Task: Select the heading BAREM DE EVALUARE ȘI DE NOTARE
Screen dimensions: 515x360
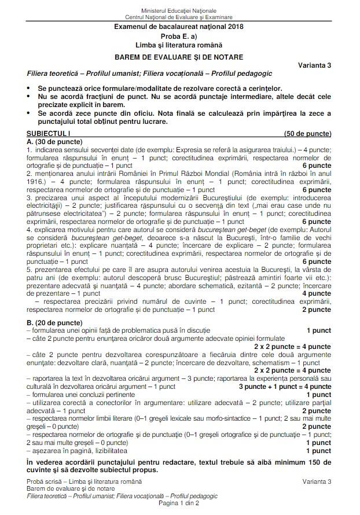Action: (179, 57)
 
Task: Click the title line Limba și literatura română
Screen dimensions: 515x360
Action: (179, 45)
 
